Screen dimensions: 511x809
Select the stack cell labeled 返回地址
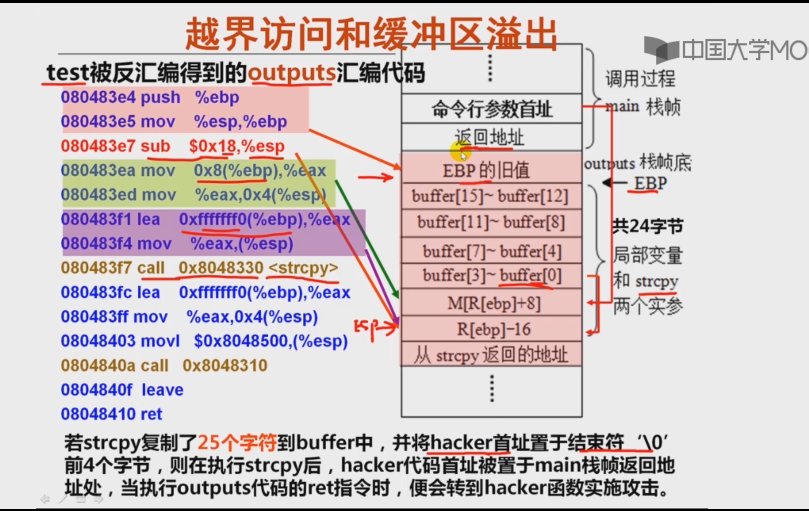click(489, 137)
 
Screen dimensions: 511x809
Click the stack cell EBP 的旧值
click(489, 169)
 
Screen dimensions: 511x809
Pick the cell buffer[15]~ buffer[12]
click(491, 196)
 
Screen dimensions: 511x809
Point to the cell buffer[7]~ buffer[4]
click(491, 250)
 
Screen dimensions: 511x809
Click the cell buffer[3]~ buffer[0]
click(491, 275)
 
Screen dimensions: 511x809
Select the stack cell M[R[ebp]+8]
click(490, 302)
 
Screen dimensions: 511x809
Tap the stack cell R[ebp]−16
click(490, 328)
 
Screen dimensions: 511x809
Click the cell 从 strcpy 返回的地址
click(491, 355)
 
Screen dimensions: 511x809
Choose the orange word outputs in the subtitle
click(287, 73)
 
